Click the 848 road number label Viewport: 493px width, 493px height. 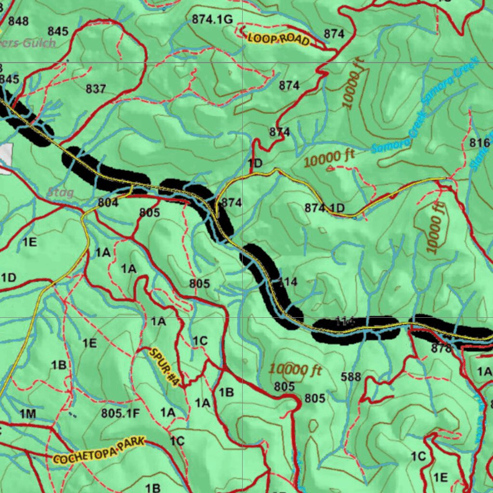click(x=18, y=21)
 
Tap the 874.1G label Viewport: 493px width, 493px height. click(x=212, y=19)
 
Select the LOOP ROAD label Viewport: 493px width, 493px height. click(x=278, y=39)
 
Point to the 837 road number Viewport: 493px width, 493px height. click(x=96, y=89)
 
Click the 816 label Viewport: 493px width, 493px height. click(x=480, y=143)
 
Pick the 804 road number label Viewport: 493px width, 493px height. click(x=108, y=203)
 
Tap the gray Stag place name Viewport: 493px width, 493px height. click(x=60, y=193)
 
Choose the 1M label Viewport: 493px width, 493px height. click(x=27, y=414)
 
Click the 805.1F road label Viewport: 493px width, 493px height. click(x=120, y=413)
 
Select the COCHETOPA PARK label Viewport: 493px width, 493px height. click(x=99, y=451)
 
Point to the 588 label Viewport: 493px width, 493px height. click(x=350, y=377)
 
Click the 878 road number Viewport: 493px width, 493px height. click(x=441, y=349)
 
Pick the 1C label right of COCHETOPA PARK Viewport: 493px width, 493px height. click(x=177, y=441)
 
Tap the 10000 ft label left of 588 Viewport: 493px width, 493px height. click(x=295, y=370)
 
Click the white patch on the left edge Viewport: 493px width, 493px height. click(x=5, y=158)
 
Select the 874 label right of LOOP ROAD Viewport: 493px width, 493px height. click(x=334, y=34)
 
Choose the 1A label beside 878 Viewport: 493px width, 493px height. click(x=484, y=371)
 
